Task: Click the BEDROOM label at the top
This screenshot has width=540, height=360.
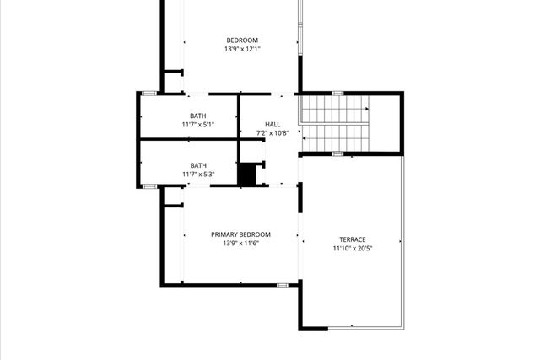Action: pyautogui.click(x=241, y=40)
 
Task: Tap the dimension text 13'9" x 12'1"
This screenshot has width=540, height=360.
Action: pyautogui.click(x=241, y=49)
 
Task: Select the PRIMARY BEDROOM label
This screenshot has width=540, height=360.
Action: pyautogui.click(x=240, y=234)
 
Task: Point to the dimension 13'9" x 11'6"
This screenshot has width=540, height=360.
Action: pyautogui.click(x=240, y=244)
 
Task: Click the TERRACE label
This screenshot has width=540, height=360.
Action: pyautogui.click(x=353, y=239)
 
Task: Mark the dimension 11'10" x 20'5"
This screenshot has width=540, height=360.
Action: pyautogui.click(x=353, y=249)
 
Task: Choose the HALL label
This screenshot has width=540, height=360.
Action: pyautogui.click(x=273, y=124)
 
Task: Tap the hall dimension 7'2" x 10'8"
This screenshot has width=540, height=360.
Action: pyautogui.click(x=273, y=133)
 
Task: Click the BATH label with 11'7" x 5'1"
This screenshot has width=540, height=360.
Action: pyautogui.click(x=197, y=116)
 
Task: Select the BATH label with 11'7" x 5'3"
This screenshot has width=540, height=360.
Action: pyautogui.click(x=197, y=165)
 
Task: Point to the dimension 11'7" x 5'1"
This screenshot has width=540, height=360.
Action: pyautogui.click(x=197, y=125)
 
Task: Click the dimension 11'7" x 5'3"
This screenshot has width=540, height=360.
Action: pyautogui.click(x=197, y=175)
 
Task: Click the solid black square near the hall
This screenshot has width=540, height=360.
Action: pyautogui.click(x=246, y=175)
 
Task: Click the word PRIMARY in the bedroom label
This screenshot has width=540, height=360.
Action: pyautogui.click(x=225, y=234)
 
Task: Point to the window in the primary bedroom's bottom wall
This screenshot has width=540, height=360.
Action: pyautogui.click(x=282, y=286)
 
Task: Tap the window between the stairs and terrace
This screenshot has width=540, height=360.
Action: pyautogui.click(x=337, y=154)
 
